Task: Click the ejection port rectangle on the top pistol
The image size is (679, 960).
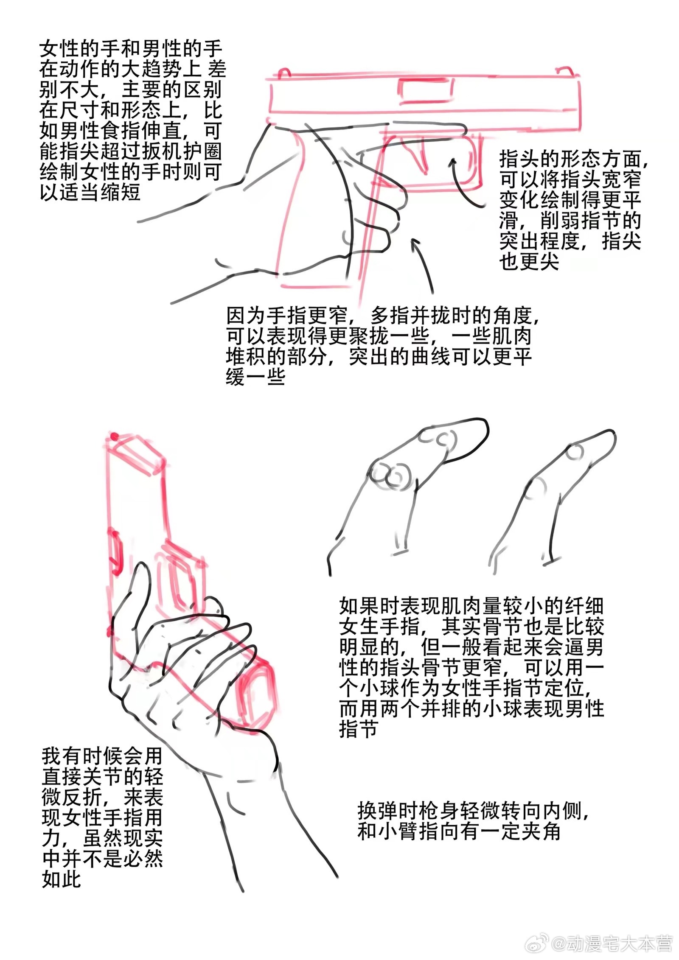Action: coord(425,91)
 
